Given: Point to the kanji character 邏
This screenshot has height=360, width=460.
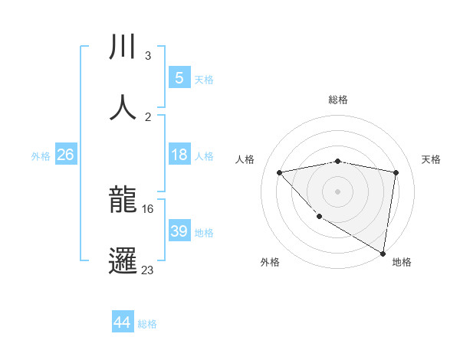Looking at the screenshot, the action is pos(123,260).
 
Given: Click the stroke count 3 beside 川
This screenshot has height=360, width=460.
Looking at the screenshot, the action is pos(147,56).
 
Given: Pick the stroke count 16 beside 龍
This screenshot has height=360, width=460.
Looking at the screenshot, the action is pos(147,208).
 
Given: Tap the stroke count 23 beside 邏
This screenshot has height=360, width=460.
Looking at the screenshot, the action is pos(147,269).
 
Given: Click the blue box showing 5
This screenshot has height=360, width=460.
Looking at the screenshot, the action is pos(179,78).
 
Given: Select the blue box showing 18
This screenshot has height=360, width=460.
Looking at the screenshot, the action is pos(179,155).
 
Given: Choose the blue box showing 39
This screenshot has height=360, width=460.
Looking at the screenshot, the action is pos(179,231).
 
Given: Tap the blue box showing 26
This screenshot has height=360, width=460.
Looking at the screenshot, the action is pos(65,155).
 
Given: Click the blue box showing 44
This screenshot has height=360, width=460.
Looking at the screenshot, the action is pos(122,322).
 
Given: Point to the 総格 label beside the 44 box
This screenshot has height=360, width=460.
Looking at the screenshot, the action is pos(147,324).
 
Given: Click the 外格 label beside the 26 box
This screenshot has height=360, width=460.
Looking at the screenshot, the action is pos(41,156).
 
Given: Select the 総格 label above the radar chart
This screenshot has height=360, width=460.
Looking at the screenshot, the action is pos(338,100).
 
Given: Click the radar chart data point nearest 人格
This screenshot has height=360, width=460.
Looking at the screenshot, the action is pos(280,172).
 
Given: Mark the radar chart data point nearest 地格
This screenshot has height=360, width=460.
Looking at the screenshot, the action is pos(383,253).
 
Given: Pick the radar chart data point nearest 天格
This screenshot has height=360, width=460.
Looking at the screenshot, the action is pos(396,172).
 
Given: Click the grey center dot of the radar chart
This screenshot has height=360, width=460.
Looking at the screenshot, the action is pos(338,191).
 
